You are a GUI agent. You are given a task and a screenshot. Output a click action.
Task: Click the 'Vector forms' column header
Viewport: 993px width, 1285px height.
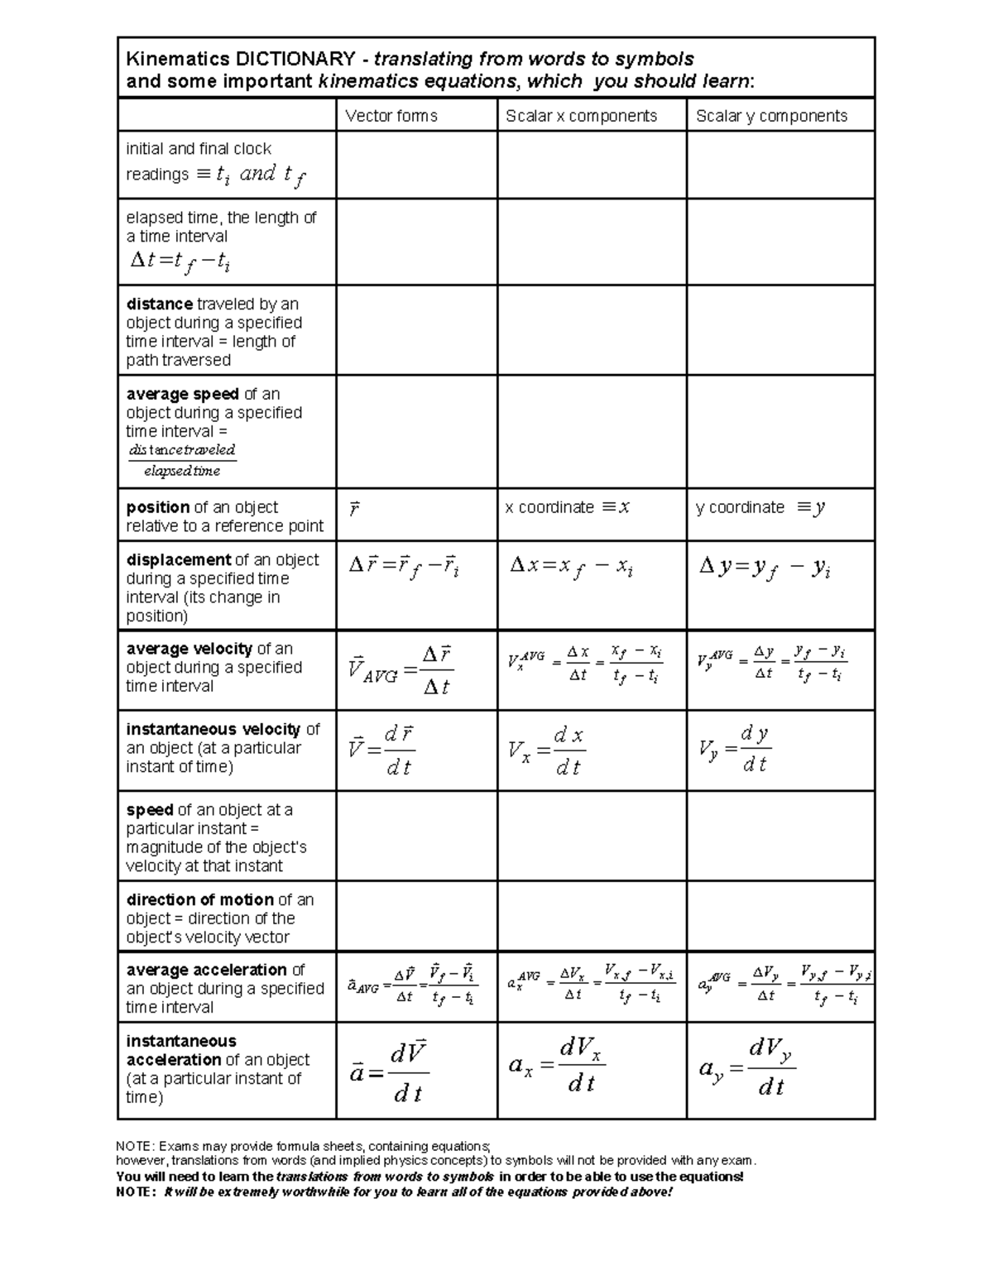(391, 116)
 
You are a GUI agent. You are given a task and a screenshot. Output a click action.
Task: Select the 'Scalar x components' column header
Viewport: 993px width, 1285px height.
(581, 116)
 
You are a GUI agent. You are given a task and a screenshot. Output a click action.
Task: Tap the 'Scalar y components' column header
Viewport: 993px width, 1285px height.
(771, 116)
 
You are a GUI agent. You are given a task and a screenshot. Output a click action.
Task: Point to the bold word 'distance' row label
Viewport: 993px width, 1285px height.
(159, 304)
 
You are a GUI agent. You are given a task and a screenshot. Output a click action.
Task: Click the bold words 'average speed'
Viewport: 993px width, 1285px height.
(182, 394)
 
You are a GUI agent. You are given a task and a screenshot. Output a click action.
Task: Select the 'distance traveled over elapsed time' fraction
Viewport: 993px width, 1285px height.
(182, 460)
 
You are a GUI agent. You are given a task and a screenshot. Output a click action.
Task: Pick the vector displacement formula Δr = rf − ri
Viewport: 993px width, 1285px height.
(404, 568)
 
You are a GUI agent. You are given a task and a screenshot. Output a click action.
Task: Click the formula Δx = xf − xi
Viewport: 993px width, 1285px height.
(571, 568)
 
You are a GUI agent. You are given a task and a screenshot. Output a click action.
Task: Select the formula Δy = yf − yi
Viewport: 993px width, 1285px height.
(765, 568)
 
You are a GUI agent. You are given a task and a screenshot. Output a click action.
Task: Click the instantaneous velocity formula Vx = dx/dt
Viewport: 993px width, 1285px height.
(546, 750)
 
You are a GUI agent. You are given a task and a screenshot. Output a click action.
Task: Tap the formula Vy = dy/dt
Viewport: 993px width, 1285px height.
(734, 749)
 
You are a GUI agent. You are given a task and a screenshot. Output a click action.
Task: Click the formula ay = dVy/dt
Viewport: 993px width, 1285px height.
(746, 1069)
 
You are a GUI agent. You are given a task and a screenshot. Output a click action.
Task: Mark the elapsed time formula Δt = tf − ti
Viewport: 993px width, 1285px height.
(180, 261)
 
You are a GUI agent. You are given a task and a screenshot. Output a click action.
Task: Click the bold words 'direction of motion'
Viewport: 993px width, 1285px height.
(199, 899)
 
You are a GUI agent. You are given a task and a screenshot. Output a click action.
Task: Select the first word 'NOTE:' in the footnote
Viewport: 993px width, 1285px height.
(135, 1146)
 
